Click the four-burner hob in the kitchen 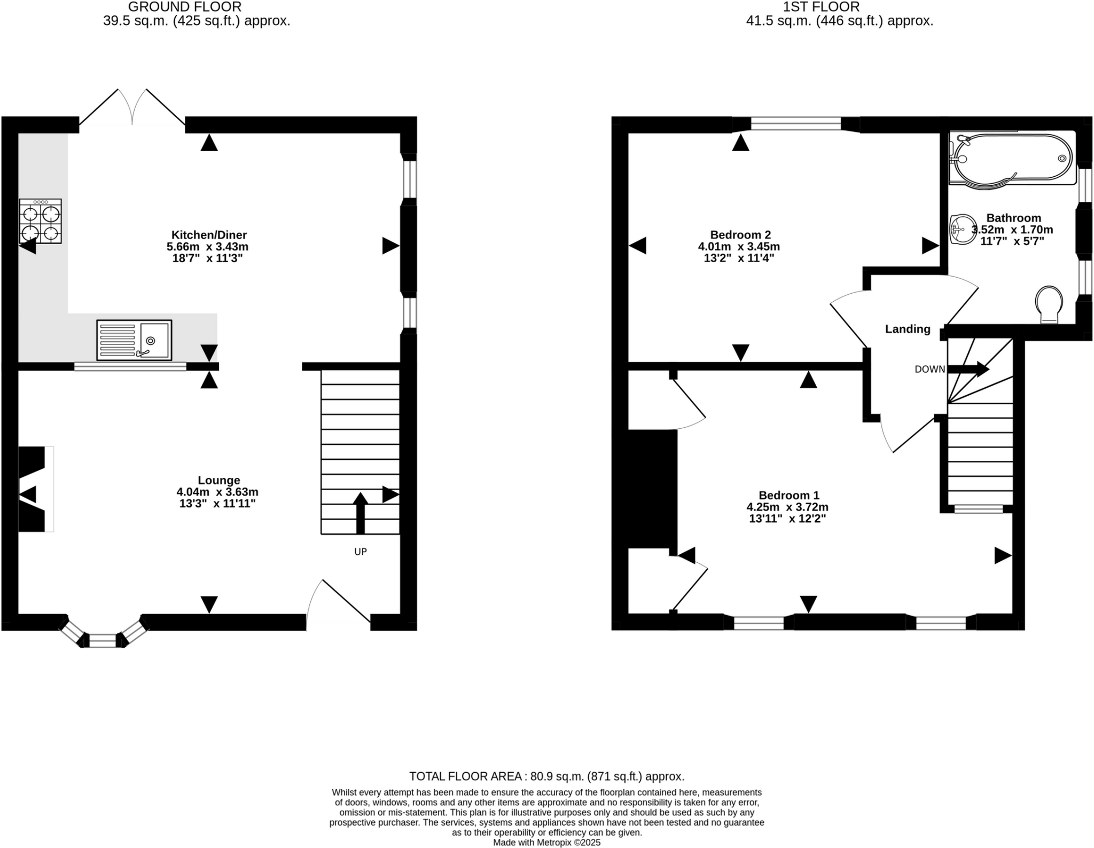click(x=41, y=221)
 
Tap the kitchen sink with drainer click(x=134, y=340)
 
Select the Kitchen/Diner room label click(x=209, y=235)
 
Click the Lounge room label click(x=219, y=480)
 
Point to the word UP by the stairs click(x=361, y=552)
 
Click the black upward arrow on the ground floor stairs click(x=361, y=513)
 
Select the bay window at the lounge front click(x=103, y=634)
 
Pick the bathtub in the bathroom click(x=1012, y=159)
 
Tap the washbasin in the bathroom click(x=963, y=230)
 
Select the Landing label click(x=908, y=329)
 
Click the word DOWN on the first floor click(x=929, y=369)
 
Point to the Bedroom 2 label click(x=740, y=235)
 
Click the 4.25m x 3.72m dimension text click(x=787, y=507)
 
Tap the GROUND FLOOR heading click(x=185, y=7)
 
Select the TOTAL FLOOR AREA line click(x=546, y=776)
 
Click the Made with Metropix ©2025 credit click(x=546, y=843)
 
